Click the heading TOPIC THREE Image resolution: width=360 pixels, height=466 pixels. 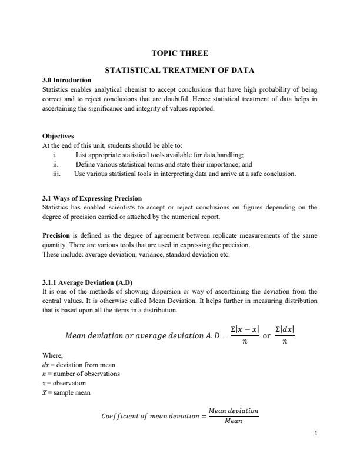(x=179, y=54)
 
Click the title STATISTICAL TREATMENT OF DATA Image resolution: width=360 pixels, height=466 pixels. (x=179, y=71)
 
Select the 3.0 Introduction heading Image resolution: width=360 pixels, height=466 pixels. (x=67, y=80)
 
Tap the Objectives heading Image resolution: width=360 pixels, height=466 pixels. (x=58, y=135)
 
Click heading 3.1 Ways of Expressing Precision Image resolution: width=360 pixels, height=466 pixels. (x=92, y=198)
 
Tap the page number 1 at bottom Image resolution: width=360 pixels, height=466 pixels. (x=316, y=434)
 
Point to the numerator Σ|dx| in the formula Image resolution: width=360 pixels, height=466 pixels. (x=285, y=329)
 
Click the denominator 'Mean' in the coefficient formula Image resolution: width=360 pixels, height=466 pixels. (x=234, y=421)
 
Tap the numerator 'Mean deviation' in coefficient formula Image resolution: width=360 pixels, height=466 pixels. (x=234, y=411)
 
